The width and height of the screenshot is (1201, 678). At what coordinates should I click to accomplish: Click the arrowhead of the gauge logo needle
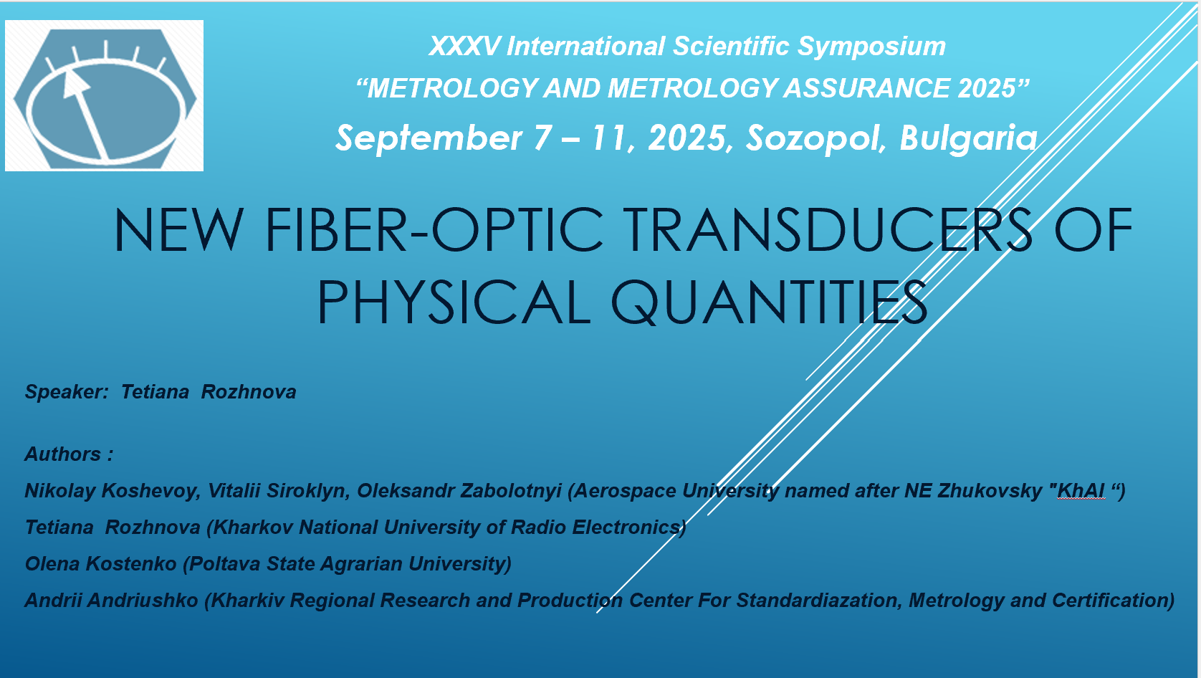[75, 85]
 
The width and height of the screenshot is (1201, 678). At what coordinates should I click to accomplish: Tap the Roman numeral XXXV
[464, 46]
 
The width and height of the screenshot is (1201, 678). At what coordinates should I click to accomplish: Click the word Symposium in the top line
[871, 47]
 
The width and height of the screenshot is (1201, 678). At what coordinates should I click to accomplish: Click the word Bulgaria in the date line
[968, 138]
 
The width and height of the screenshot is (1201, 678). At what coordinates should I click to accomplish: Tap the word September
[429, 138]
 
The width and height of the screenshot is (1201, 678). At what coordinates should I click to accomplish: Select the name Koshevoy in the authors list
[150, 491]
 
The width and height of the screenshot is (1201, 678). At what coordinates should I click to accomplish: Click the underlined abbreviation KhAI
[1081, 491]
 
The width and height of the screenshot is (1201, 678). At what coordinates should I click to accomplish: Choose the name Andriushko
[143, 600]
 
